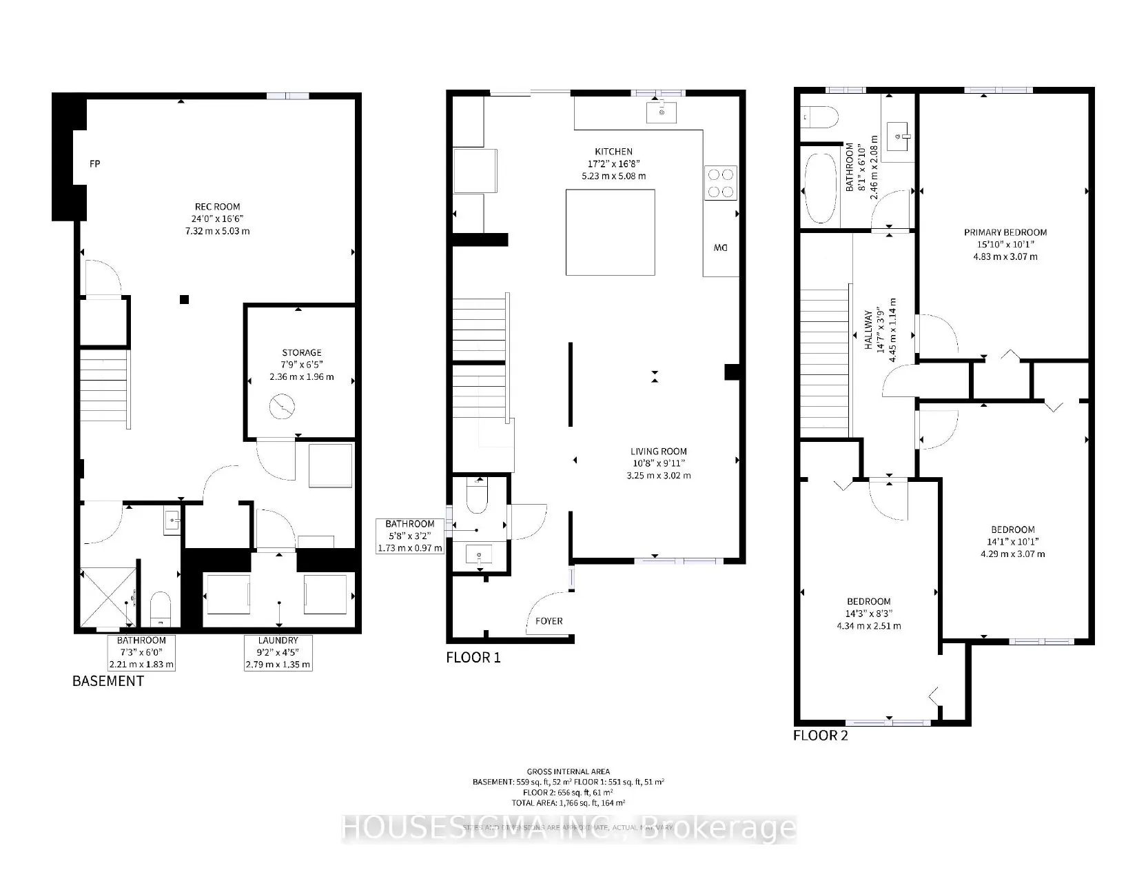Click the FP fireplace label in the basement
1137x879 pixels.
point(96,164)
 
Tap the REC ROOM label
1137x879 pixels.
point(217,207)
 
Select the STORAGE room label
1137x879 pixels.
point(301,353)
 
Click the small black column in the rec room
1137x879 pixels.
point(184,299)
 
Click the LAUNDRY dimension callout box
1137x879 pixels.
point(278,653)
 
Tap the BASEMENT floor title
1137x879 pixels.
point(108,681)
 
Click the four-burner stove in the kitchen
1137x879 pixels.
point(720,183)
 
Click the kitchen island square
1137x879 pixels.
point(610,232)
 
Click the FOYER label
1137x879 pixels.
point(549,621)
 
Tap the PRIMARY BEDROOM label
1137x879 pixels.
point(1005,233)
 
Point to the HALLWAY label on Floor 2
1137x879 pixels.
point(869,330)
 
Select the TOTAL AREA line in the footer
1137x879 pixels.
point(568,803)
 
